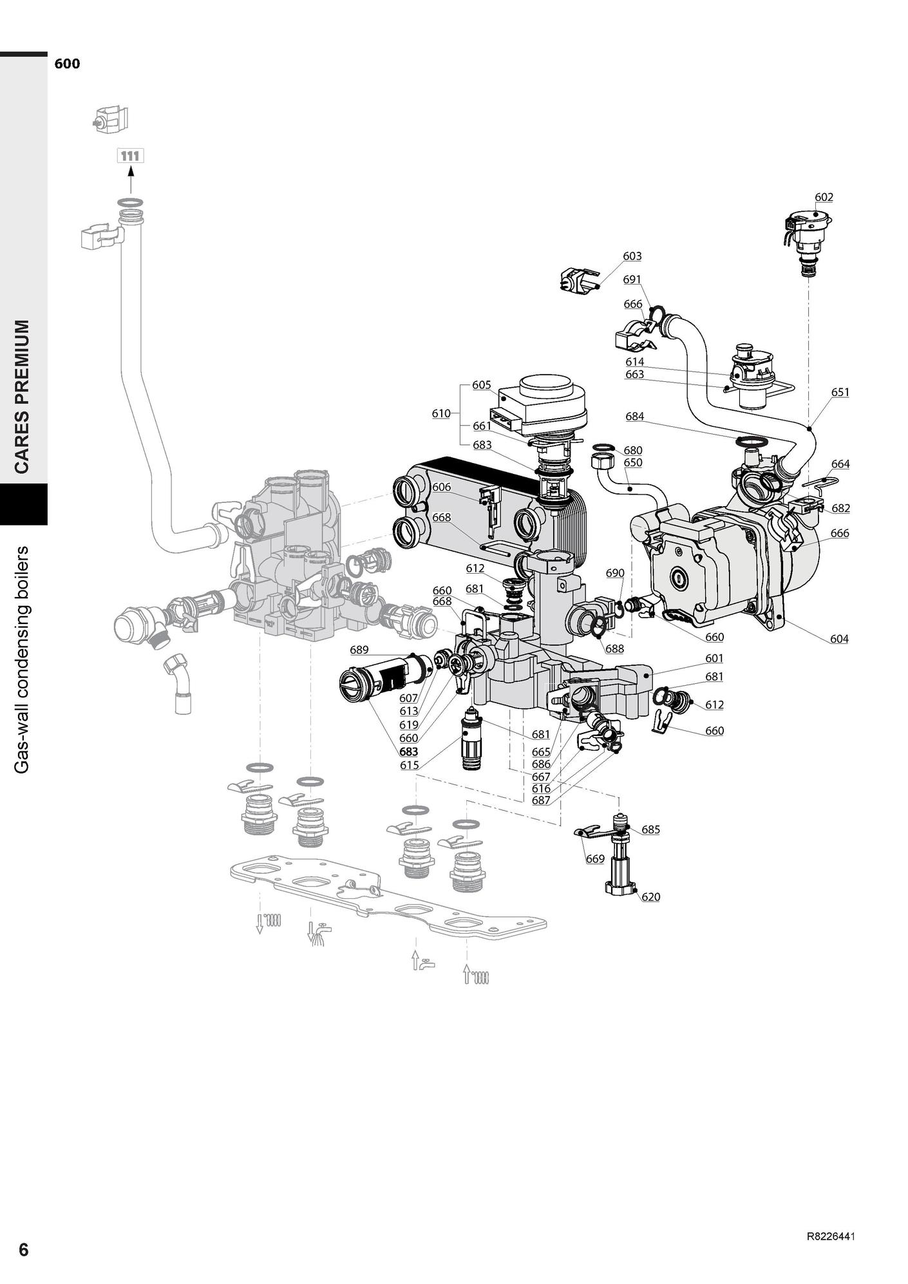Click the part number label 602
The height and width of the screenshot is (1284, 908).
(824, 197)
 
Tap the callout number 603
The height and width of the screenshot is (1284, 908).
(632, 256)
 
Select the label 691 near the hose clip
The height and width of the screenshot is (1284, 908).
(632, 279)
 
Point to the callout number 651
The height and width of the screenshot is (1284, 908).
(840, 392)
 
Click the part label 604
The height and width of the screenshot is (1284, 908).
(839, 639)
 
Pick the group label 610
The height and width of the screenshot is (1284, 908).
(441, 413)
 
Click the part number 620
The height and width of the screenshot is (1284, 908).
(650, 896)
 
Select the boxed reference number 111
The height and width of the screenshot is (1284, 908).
(130, 156)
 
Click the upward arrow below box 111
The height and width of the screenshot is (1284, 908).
(131, 180)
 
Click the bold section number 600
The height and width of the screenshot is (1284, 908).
(67, 64)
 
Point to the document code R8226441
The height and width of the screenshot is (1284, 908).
(831, 1236)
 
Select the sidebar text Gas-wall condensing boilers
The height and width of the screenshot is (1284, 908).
(23, 659)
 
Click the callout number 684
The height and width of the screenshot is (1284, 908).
(634, 416)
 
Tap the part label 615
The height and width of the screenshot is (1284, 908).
(409, 765)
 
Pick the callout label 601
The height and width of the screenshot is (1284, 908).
(714, 658)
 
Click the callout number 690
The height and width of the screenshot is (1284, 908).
(615, 572)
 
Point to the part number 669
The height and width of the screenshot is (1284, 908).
(594, 858)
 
